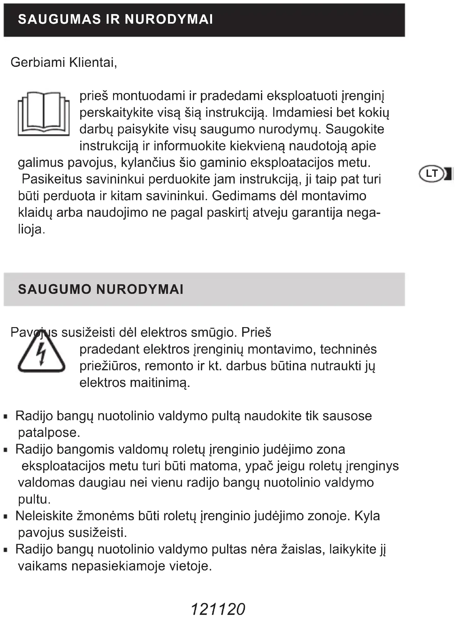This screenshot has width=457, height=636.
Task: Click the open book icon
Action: pos(43,114)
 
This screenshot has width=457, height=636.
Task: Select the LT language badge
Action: pos(432,174)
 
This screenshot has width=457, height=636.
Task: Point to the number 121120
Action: pos(218,609)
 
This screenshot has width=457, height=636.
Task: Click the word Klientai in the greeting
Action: pos(93,62)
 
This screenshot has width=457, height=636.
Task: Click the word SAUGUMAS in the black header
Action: pos(59,20)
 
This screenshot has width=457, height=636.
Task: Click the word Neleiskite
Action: pos(44,516)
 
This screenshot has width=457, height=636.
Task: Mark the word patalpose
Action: pos(49,433)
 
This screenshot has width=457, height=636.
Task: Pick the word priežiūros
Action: pos(110,366)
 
